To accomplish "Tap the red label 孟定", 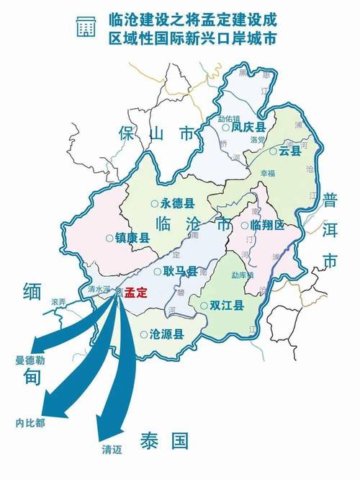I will coord(135,293).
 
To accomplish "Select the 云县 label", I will coord(289,151).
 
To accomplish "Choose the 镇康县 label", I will coord(132,237).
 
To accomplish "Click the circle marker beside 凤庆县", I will coord(225,127).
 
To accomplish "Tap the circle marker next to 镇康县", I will coord(109,237).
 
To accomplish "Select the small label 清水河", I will coord(96,289).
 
